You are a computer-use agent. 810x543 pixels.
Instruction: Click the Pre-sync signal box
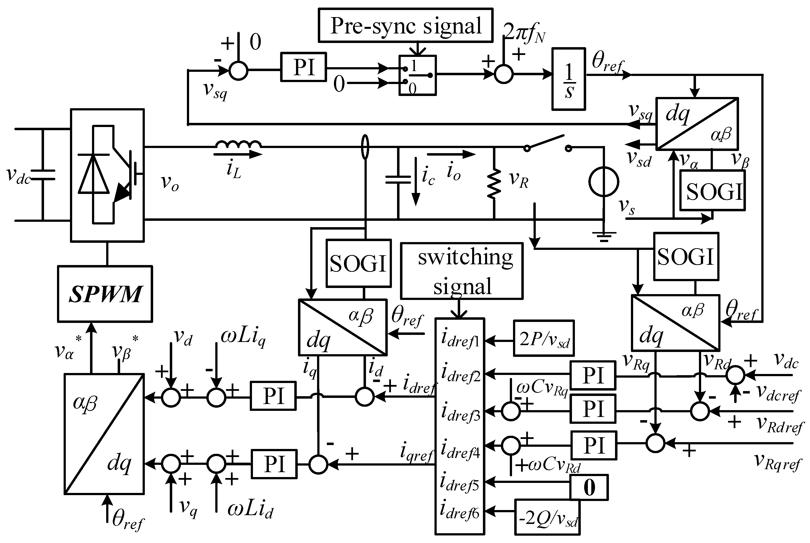[x=405, y=25]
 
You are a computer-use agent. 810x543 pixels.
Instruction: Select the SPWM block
[x=105, y=294]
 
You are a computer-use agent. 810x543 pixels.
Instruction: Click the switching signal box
[x=462, y=271]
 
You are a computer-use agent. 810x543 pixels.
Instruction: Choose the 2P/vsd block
[x=544, y=338]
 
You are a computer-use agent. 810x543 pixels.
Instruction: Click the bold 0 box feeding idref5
[x=589, y=487]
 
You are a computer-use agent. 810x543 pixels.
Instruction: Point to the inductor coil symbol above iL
[x=238, y=144]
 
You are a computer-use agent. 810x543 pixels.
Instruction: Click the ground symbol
[x=604, y=236]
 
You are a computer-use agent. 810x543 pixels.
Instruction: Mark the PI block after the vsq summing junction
[x=303, y=67]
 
